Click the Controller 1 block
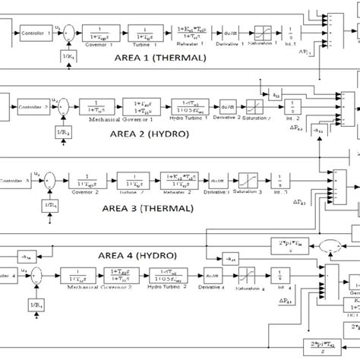[x=33, y=33]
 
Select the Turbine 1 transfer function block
[x=139, y=33]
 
